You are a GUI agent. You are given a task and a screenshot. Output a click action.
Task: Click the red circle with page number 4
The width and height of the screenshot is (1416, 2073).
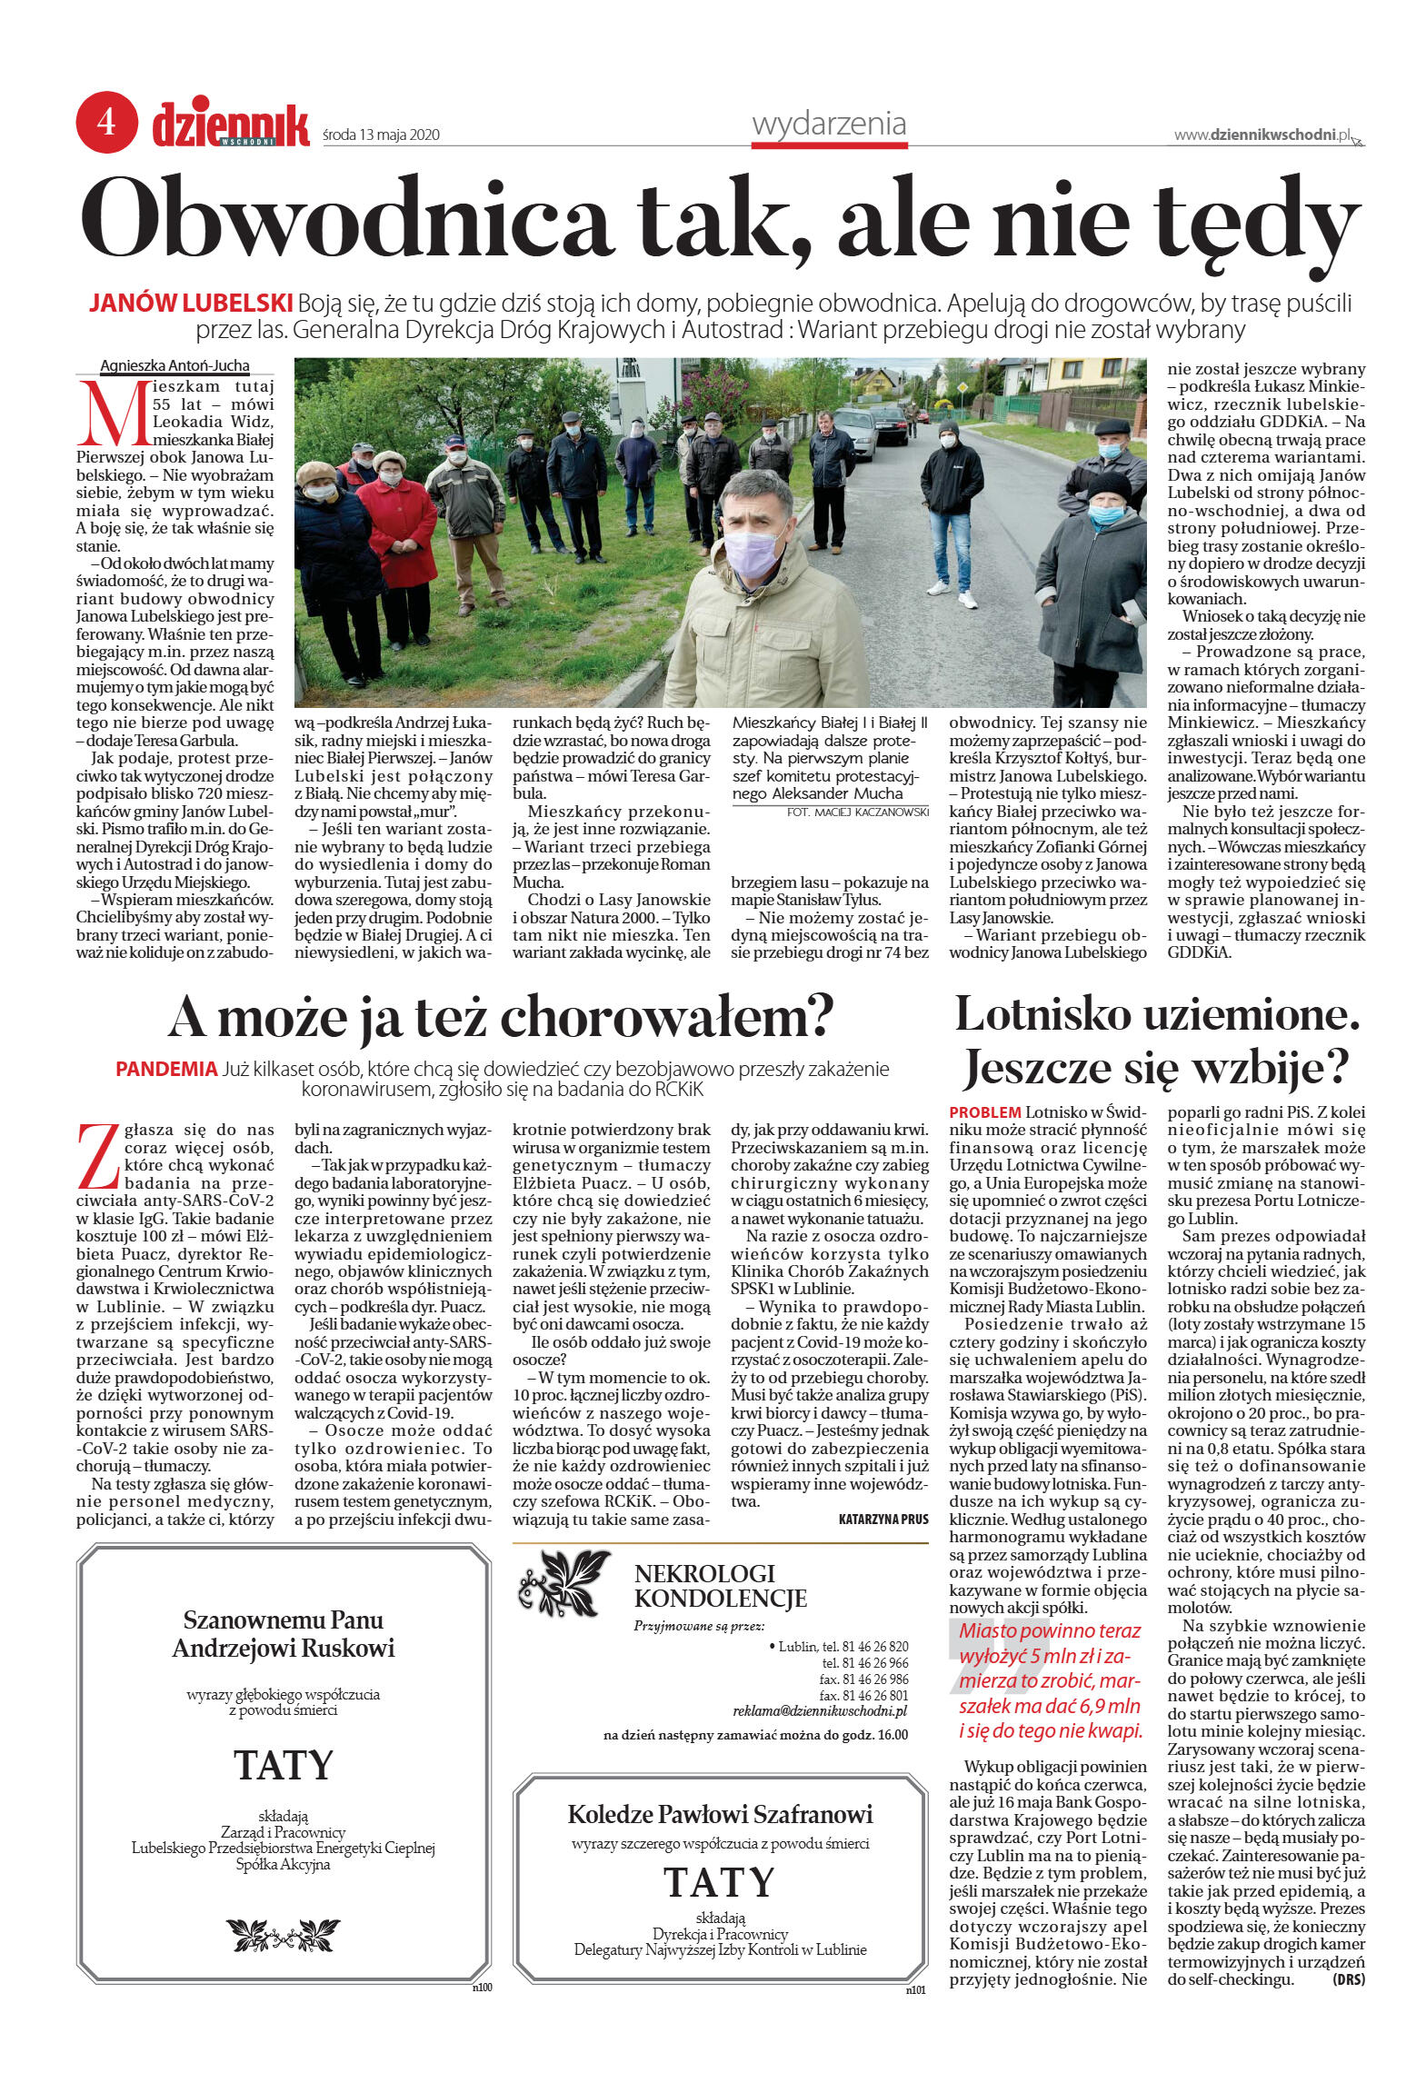[106, 122]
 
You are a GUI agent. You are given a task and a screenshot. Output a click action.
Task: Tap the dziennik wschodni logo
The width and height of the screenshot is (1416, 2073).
[231, 125]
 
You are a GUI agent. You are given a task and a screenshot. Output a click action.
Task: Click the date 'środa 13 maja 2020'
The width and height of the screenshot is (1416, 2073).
[381, 135]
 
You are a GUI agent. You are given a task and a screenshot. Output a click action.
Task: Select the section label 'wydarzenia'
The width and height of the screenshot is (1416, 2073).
[828, 124]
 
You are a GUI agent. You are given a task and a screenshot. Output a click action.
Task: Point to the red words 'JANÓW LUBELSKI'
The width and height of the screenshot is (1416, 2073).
[191, 303]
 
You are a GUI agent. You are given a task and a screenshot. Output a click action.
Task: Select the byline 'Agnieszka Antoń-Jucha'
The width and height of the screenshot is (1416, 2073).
[175, 366]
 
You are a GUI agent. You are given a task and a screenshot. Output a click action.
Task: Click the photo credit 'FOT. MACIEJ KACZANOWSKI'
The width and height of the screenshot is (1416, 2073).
[857, 812]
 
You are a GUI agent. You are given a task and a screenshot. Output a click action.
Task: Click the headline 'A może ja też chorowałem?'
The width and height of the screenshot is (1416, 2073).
[501, 1017]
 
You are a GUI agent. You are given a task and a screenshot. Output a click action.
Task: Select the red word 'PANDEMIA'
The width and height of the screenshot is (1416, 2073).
[166, 1070]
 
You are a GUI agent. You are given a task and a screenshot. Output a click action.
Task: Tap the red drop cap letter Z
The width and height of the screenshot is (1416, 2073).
[97, 1156]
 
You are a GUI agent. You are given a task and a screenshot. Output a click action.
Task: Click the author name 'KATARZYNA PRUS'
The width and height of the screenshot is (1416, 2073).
[883, 1519]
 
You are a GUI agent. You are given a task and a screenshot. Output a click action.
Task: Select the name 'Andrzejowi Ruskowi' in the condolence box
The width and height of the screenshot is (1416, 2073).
[284, 1649]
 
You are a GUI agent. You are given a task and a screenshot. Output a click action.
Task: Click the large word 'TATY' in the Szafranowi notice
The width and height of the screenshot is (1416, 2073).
[719, 1882]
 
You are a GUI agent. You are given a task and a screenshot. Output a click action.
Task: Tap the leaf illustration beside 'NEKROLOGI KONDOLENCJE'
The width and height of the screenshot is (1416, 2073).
[563, 1582]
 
